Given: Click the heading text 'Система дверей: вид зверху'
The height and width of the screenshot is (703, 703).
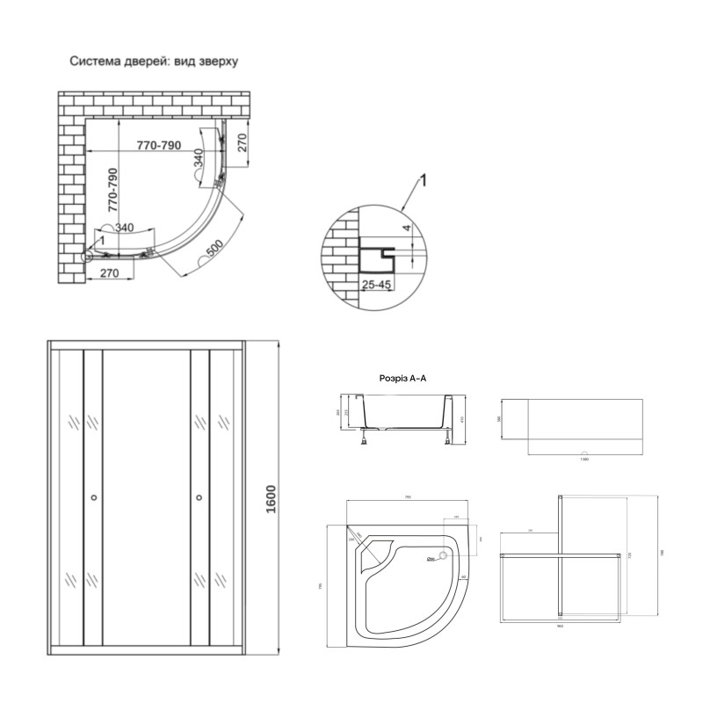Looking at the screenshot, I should point(154,62).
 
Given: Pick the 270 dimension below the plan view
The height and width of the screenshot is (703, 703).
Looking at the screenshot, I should point(110,273).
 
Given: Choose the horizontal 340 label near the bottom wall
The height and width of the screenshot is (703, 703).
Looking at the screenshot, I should point(124,228).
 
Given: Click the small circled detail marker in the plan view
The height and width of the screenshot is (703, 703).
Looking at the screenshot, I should point(88,257).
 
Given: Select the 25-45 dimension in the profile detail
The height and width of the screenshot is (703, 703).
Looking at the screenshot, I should point(376,285).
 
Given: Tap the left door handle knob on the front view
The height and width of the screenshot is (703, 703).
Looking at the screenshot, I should point(94,499).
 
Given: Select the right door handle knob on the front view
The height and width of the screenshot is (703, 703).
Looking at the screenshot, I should point(199,499).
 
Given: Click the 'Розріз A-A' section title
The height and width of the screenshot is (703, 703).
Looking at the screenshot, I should point(402,378).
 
